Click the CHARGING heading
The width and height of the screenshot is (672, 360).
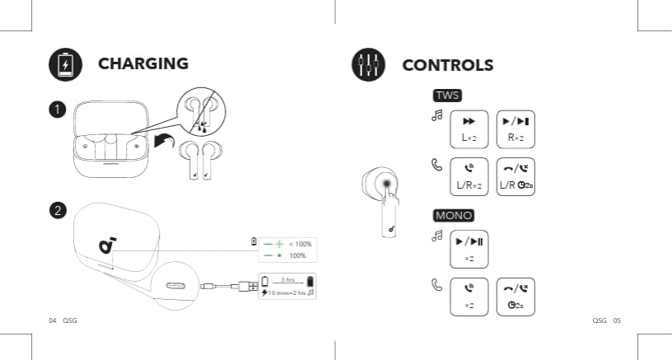pyautogui.click(x=143, y=63)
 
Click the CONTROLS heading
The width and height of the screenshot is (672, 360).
pyautogui.click(x=447, y=65)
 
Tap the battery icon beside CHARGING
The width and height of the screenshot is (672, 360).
pyautogui.click(x=66, y=65)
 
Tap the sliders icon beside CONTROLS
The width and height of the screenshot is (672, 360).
pyautogui.click(x=368, y=65)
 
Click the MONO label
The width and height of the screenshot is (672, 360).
pyautogui.click(x=453, y=215)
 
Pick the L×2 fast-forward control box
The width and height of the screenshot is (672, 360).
pyautogui.click(x=469, y=129)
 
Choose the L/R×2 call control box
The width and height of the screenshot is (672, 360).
pyautogui.click(x=469, y=177)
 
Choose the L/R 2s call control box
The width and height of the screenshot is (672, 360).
pyautogui.click(x=516, y=177)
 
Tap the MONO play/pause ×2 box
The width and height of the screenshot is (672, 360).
pyautogui.click(x=469, y=249)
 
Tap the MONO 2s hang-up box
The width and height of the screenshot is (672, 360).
pyautogui.click(x=516, y=297)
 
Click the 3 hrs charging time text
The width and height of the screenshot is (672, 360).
pyautogui.click(x=288, y=281)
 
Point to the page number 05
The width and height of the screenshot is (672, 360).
pyautogui.click(x=616, y=320)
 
